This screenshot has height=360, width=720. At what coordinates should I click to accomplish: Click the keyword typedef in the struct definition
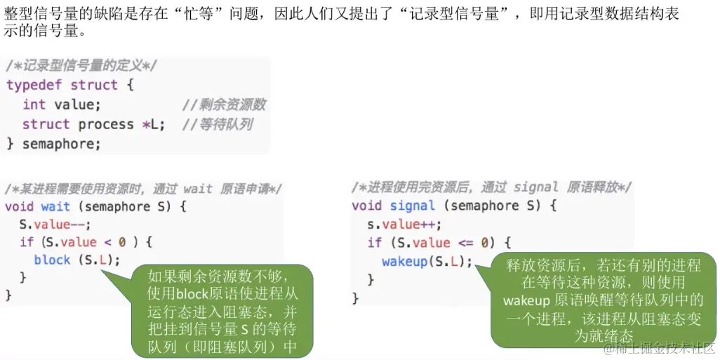click(34, 85)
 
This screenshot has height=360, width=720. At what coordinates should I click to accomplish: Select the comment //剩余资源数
click(223, 105)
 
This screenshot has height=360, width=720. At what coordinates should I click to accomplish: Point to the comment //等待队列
click(217, 124)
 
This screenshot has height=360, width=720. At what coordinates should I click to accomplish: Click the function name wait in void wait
click(55, 206)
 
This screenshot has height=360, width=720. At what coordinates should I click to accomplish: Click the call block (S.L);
click(76, 260)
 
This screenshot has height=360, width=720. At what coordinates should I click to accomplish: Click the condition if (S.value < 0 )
click(86, 242)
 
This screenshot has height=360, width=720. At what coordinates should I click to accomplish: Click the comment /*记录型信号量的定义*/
click(81, 66)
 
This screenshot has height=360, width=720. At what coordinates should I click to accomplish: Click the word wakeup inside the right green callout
click(526, 300)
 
